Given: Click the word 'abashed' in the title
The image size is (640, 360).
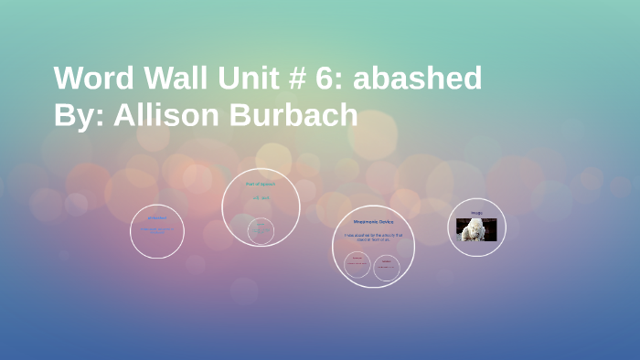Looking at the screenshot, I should pyautogui.click(x=418, y=79).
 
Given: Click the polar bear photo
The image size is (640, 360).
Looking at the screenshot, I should pyautogui.click(x=476, y=229).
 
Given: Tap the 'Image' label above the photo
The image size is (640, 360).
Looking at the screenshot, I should pyautogui.click(x=476, y=213).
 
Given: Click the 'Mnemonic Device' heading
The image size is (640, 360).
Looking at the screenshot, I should pyautogui.click(x=372, y=222).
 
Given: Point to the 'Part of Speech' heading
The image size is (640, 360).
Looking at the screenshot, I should pyautogui.click(x=261, y=184).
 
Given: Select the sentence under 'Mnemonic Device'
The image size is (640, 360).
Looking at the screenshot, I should pyautogui.click(x=372, y=238).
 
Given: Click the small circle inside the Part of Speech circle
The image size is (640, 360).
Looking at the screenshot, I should pyautogui.click(x=261, y=230).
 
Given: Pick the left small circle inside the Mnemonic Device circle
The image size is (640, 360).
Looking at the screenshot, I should pyautogui.click(x=357, y=265).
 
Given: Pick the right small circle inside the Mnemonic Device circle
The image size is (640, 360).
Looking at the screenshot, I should pyautogui.click(x=387, y=265).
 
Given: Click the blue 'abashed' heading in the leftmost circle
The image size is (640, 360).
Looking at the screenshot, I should pyautogui.click(x=157, y=217).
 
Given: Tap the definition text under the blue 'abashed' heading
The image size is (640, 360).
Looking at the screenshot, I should pyautogui.click(x=157, y=229).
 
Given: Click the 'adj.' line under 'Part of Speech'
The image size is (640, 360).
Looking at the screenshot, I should pyautogui.click(x=261, y=197).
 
